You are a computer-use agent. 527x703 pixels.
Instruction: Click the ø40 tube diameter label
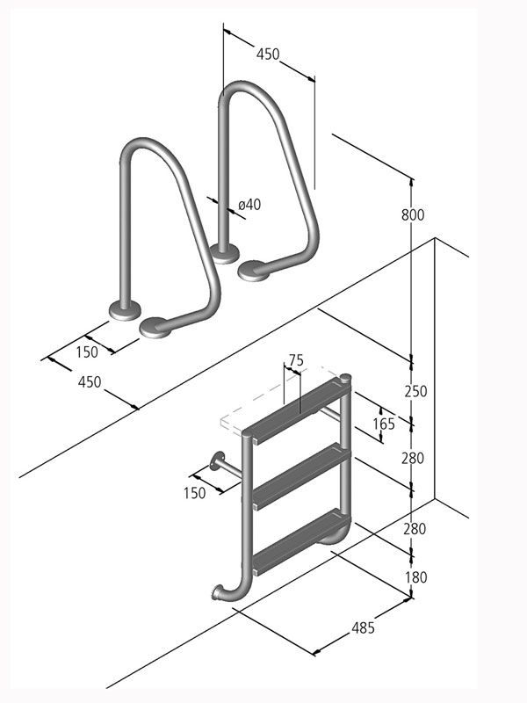click(249, 205)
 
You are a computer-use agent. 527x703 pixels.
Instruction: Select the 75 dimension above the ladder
click(295, 359)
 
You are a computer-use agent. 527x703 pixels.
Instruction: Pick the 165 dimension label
click(384, 424)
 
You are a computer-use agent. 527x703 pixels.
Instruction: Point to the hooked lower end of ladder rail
click(222, 593)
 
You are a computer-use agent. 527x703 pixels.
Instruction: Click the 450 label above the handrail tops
click(267, 54)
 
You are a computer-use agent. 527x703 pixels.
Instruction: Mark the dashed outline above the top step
click(263, 404)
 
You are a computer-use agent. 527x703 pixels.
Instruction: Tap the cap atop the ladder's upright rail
click(345, 379)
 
